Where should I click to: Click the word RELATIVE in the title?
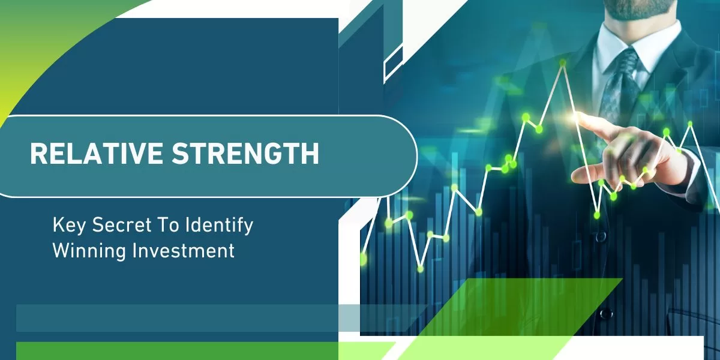pos(96,154)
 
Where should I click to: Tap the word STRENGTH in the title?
pos(245,154)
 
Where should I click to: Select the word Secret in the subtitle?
pos(122,224)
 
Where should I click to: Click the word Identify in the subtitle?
pos(219,225)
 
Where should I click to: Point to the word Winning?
pos(89,251)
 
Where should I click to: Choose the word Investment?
pos(184,250)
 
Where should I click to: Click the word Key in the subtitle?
pos(69,225)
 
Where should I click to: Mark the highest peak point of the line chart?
pos(563,63)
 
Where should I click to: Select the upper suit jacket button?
pos(601,237)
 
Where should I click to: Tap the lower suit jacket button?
pos(606,313)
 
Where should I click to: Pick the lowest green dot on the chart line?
pos(420,269)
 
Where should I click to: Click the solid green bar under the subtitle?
pos(177,351)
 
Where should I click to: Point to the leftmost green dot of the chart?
pos(363,259)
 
